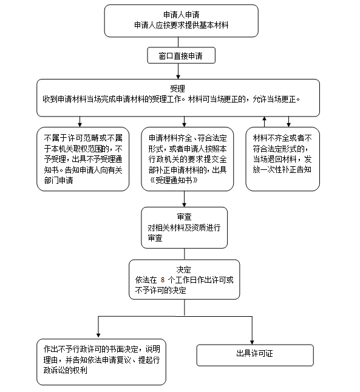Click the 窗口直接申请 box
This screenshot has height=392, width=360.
click(x=181, y=55)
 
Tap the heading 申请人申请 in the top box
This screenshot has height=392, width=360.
click(x=181, y=15)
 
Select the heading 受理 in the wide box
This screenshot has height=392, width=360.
click(x=177, y=89)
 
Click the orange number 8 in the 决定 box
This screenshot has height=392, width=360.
click(x=163, y=280)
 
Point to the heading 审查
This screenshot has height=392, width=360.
click(x=184, y=217)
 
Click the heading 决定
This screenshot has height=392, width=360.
click(x=183, y=269)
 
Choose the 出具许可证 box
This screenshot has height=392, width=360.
click(x=255, y=355)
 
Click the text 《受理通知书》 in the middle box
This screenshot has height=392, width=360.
click(x=174, y=180)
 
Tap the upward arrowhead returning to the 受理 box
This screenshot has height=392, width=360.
click(x=265, y=118)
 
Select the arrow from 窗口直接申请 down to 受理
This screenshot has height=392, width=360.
click(x=178, y=71)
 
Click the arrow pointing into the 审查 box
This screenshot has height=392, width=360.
click(x=184, y=199)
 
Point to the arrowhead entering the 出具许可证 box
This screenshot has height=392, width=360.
click(x=252, y=342)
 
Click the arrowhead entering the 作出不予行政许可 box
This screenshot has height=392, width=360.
click(x=98, y=335)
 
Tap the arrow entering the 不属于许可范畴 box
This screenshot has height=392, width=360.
click(x=80, y=122)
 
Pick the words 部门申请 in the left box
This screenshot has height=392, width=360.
click(x=58, y=180)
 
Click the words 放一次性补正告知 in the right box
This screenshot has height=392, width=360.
click(x=282, y=170)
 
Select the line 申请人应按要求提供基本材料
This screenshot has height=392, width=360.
click(x=181, y=25)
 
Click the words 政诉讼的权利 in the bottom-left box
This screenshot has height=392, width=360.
click(x=66, y=370)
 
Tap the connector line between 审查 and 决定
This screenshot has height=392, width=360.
click(x=185, y=254)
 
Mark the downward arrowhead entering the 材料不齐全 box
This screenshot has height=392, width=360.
click(x=289, y=125)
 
